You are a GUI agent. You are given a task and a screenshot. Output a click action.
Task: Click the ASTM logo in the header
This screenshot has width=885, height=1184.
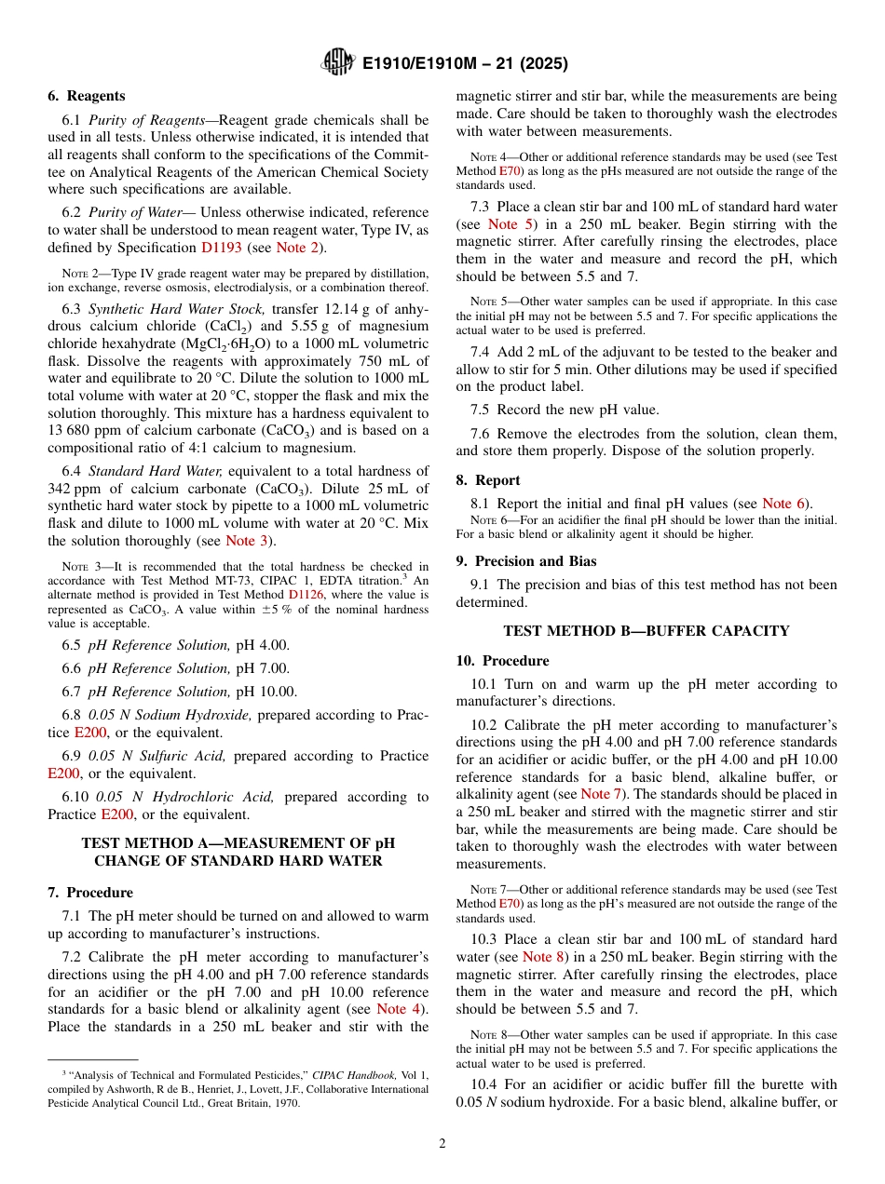(337, 63)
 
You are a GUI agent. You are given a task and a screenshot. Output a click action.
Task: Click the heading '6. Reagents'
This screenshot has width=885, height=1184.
(86, 96)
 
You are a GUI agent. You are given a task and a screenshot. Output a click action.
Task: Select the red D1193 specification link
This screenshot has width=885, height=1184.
(222, 248)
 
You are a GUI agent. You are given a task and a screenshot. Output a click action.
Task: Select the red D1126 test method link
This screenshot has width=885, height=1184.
(306, 593)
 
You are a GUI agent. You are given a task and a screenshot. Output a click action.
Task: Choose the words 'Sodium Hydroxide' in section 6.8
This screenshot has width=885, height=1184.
(193, 715)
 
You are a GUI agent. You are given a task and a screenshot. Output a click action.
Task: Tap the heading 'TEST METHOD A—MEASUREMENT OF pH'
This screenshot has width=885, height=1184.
(238, 843)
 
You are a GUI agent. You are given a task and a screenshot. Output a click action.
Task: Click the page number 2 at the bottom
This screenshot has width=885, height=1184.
(442, 1144)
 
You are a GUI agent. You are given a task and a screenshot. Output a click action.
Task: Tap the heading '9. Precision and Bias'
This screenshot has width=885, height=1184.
(526, 561)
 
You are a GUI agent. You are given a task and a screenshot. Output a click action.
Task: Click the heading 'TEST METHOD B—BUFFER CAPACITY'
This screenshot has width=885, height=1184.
(646, 631)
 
